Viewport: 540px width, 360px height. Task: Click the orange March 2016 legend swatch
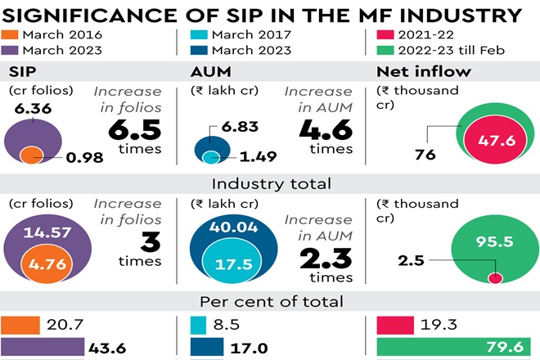tap(12, 35)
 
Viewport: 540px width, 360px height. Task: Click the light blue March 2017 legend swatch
tap(199, 35)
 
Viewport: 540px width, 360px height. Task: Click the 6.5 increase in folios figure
tap(130, 129)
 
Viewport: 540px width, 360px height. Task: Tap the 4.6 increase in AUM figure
tap(325, 129)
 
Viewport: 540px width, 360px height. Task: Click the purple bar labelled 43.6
tap(43, 348)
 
